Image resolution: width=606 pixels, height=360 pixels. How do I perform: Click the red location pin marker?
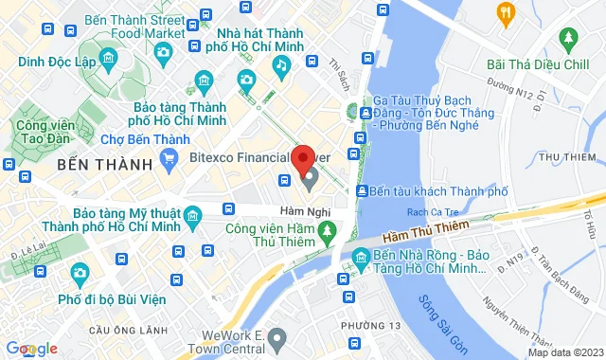(x=304, y=157)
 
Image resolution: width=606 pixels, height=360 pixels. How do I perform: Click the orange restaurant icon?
(x=506, y=12)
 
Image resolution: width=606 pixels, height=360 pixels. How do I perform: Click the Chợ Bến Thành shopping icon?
(x=169, y=159)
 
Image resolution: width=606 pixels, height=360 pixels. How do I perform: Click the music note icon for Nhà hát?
(x=281, y=64)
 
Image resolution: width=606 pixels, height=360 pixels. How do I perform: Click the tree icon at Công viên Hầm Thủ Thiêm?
(x=327, y=229)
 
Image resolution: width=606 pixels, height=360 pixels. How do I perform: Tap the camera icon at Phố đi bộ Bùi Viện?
(x=80, y=275)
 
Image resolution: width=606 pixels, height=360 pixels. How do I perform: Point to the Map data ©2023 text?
(x=565, y=352)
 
